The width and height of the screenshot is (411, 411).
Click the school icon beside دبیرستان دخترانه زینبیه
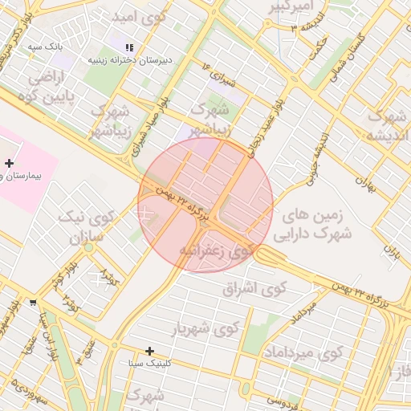[x=130, y=48]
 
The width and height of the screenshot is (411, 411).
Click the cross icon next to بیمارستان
[x=9, y=163]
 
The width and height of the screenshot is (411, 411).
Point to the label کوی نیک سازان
[x=87, y=228]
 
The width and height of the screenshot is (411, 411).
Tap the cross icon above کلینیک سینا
[x=149, y=351]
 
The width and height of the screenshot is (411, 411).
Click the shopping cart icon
[x=33, y=303]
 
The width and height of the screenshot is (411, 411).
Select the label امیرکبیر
[x=286, y=7]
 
